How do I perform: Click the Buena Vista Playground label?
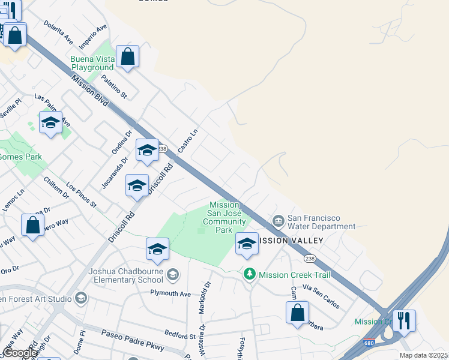tap(92, 63)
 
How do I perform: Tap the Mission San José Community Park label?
tap(224, 217)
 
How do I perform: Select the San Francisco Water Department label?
tap(321, 222)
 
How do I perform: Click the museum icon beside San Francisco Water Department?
tap(279, 221)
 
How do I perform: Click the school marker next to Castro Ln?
tap(147, 151)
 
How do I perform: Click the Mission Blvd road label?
tap(89, 90)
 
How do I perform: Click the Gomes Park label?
tap(21, 157)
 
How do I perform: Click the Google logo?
tap(20, 353)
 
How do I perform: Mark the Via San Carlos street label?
tap(321, 297)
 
